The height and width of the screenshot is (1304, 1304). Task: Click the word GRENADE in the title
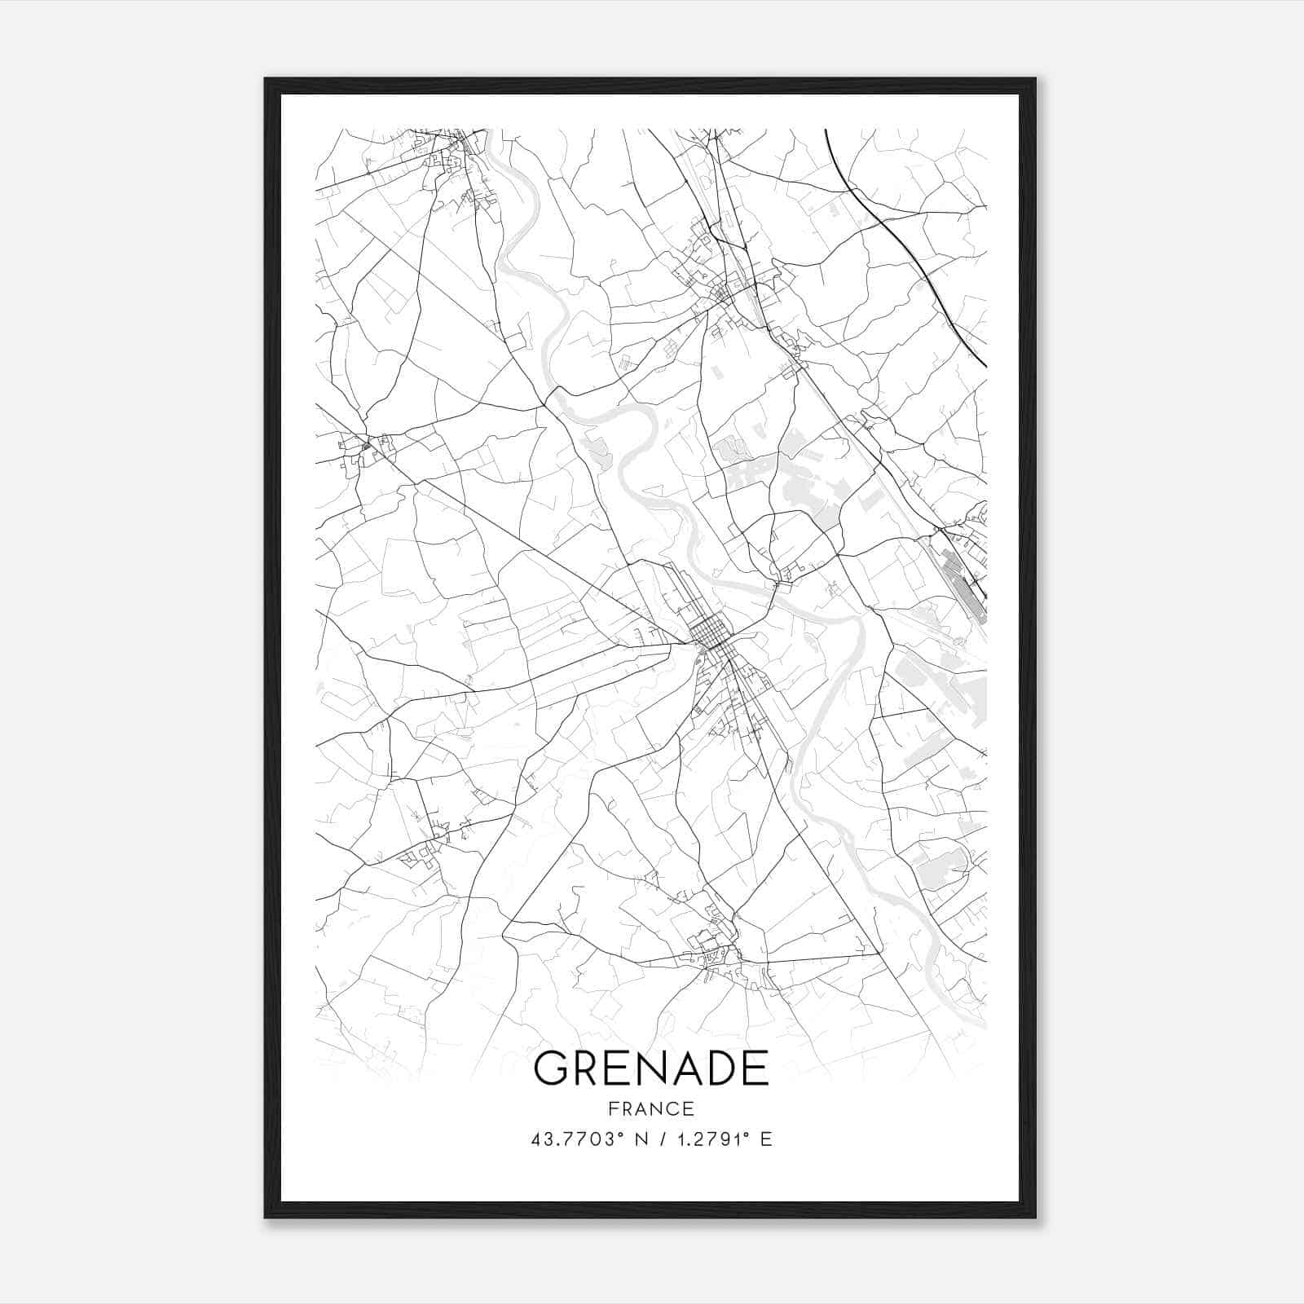click(x=650, y=1068)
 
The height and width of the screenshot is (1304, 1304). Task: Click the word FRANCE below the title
click(x=650, y=1108)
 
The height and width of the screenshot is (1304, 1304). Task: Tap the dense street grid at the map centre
click(x=708, y=632)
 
